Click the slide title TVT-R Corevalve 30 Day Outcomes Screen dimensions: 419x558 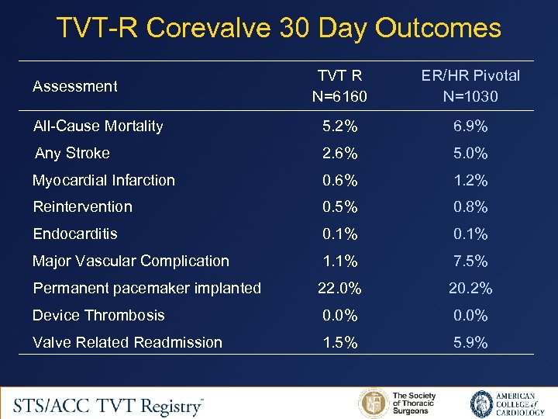[279, 29]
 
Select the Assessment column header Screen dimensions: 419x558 [75, 86]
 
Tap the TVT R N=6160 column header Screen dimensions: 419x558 [340, 86]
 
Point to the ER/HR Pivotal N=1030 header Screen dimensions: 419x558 [470, 86]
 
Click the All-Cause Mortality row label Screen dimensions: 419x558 [98, 126]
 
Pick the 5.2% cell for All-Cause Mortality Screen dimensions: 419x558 [340, 126]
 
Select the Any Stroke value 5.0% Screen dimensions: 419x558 [470, 153]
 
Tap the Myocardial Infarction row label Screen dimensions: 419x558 [104, 180]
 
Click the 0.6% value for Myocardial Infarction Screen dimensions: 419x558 [340, 180]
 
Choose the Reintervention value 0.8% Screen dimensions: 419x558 [470, 206]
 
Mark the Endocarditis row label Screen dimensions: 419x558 [75, 234]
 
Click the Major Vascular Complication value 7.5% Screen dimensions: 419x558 [470, 261]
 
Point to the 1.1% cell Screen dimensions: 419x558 [340, 261]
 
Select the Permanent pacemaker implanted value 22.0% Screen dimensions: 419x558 [340, 288]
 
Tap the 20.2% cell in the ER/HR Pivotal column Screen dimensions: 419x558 [470, 288]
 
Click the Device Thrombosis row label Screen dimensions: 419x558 [98, 315]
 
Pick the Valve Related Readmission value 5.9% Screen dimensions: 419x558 [470, 342]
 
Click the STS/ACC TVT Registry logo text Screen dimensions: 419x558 [108, 403]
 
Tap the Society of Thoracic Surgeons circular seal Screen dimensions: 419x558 [374, 403]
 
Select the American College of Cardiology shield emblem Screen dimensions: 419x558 [481, 403]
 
